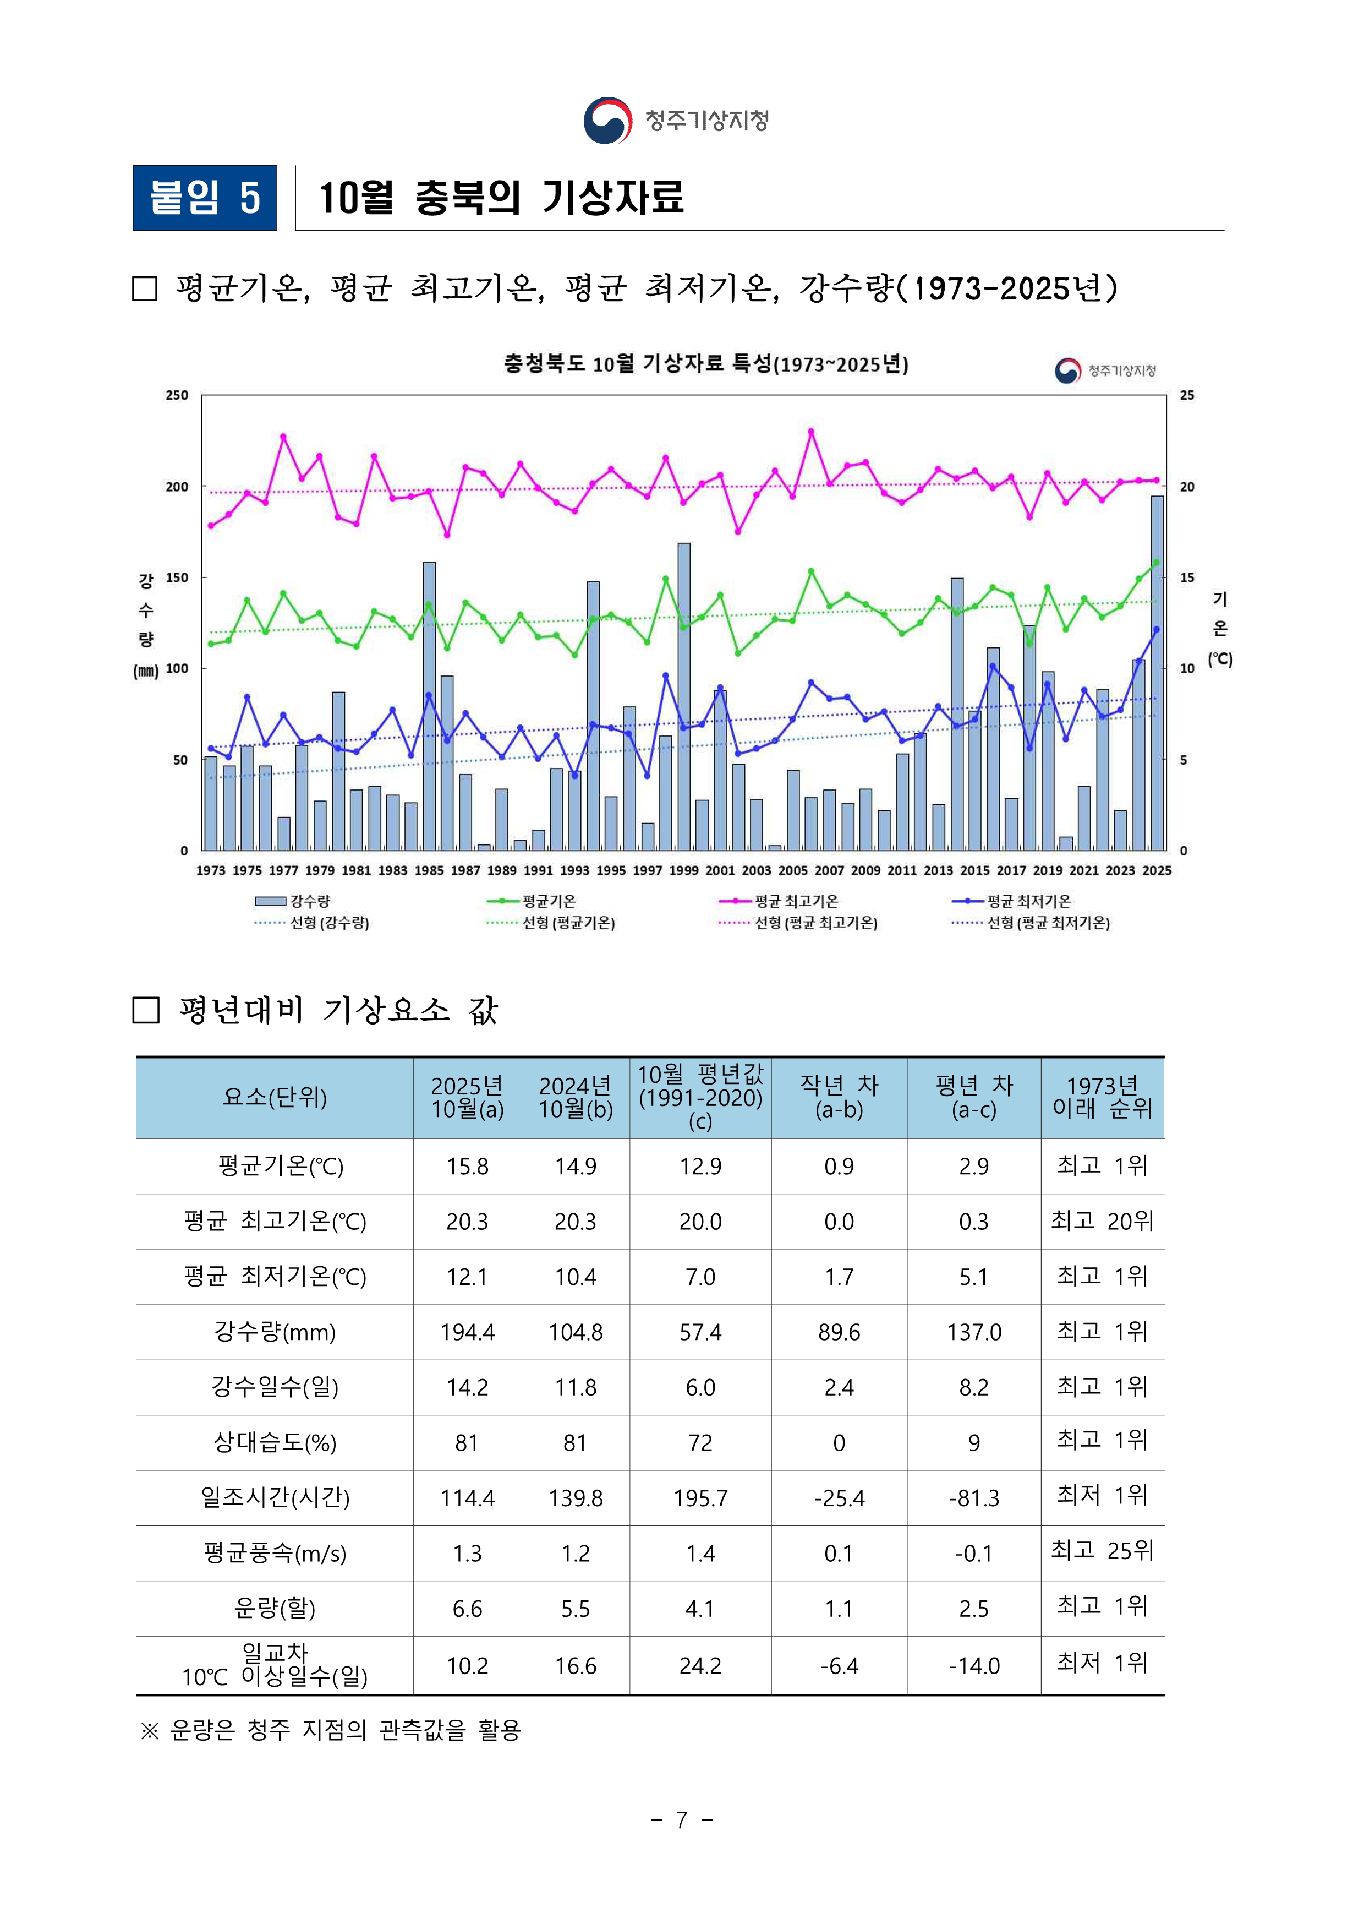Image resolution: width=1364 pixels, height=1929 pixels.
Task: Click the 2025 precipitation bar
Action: [1157, 672]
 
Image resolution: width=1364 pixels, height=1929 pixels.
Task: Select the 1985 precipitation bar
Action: [429, 706]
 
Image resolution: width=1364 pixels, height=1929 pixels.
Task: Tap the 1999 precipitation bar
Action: [684, 698]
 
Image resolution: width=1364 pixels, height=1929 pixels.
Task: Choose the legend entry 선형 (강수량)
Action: [329, 923]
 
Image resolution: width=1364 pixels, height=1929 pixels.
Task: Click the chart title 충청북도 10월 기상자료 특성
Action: [705, 364]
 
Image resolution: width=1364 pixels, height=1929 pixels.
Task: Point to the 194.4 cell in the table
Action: [467, 1332]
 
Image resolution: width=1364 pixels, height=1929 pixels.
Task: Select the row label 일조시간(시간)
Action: [275, 1498]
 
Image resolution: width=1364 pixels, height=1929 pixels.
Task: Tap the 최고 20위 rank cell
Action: [1102, 1220]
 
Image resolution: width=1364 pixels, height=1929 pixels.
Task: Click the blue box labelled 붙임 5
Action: [204, 198]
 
